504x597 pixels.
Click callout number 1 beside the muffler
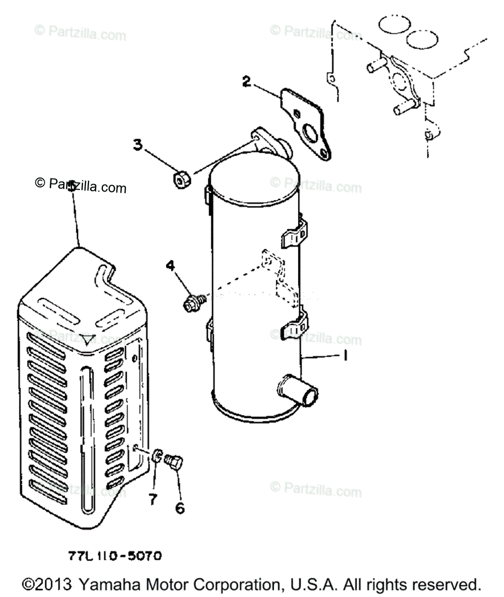[x=343, y=356]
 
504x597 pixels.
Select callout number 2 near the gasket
[x=246, y=81]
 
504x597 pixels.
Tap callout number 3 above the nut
[x=138, y=145]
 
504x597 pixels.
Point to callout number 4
[x=170, y=267]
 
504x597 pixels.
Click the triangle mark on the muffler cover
[x=88, y=340]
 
